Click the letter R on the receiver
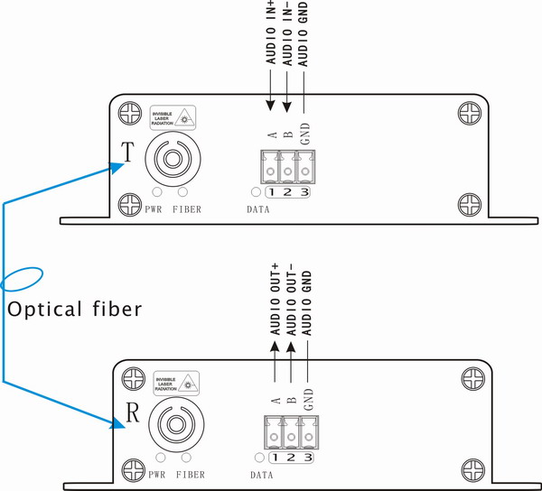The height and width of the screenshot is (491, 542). tap(132, 416)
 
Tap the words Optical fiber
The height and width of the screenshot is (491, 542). tap(74, 309)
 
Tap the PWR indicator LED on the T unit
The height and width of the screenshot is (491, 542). tap(157, 192)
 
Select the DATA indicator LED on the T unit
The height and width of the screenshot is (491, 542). tap(257, 192)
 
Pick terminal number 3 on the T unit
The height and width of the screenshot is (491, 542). tap(306, 192)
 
